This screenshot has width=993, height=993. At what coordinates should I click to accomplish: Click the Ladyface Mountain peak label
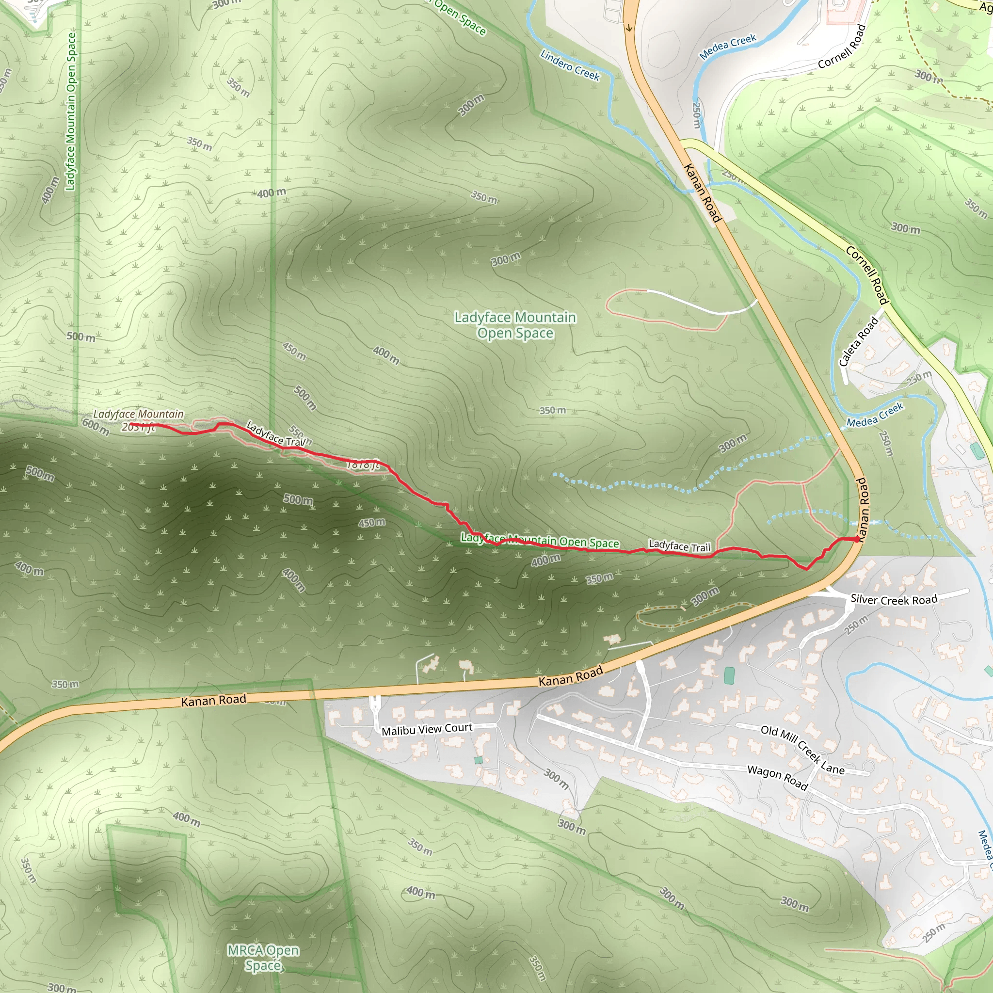click(x=138, y=414)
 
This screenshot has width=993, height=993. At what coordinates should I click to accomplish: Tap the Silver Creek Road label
click(x=894, y=599)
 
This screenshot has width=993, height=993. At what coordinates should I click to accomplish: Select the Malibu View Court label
click(x=427, y=729)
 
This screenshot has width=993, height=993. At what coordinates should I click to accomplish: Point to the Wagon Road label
click(x=778, y=777)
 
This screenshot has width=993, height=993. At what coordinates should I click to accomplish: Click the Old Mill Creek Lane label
click(x=802, y=750)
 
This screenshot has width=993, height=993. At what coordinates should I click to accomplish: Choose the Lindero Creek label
click(x=570, y=65)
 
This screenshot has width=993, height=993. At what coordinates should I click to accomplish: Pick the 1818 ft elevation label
click(x=363, y=465)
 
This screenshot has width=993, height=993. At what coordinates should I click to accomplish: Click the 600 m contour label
click(x=96, y=426)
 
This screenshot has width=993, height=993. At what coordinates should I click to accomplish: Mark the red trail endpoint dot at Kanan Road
click(x=856, y=539)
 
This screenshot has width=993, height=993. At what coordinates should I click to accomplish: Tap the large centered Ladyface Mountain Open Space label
click(x=515, y=325)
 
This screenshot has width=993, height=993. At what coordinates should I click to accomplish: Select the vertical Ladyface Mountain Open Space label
click(x=71, y=111)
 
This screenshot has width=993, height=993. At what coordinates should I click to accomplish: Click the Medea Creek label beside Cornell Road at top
click(x=728, y=46)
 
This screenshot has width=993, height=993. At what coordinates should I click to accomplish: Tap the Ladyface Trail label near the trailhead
click(x=679, y=546)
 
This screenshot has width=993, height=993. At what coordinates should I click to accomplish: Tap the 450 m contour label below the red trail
click(x=371, y=523)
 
